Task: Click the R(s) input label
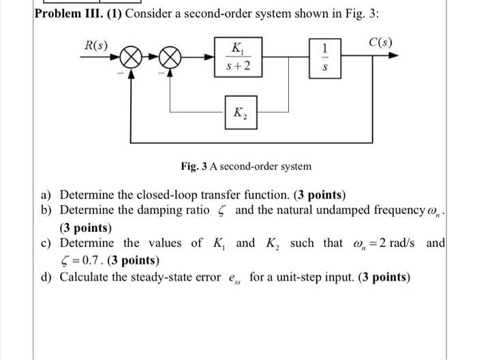93,46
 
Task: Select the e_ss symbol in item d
234,278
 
